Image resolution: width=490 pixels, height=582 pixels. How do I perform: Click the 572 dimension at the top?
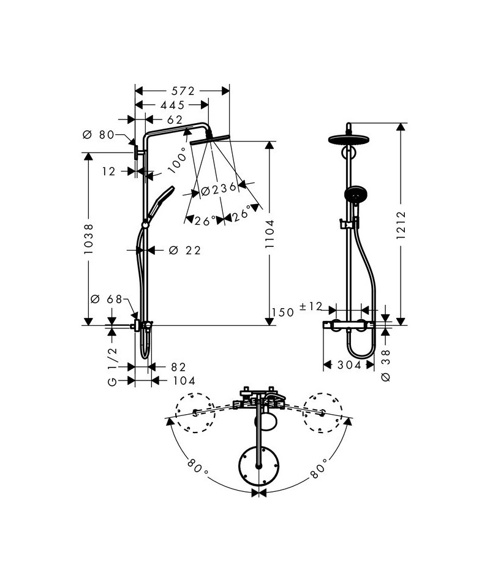tap(182, 91)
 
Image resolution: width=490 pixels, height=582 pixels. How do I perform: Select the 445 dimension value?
tap(172, 105)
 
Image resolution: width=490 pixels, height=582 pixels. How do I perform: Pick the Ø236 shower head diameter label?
tap(219, 189)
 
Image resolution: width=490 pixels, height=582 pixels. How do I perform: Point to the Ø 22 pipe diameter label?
tap(184, 250)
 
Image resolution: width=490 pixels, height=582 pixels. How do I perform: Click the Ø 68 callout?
tap(107, 299)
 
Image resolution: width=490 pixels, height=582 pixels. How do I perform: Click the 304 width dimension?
tap(349, 365)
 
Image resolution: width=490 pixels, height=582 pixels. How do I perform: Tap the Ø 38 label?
tap(385, 366)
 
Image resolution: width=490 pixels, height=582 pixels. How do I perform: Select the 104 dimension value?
tap(183, 380)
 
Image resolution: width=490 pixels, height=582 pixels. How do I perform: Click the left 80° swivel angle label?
tap(195, 469)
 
